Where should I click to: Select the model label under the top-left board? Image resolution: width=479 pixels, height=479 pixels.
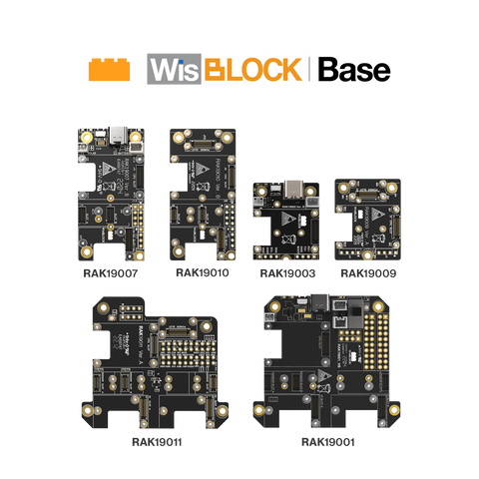(x=110, y=271)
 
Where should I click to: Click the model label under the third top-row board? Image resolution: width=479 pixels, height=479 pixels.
(x=286, y=271)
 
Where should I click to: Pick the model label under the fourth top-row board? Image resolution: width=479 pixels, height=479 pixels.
(x=368, y=271)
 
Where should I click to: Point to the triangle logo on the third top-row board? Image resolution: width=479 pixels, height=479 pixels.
(x=289, y=219)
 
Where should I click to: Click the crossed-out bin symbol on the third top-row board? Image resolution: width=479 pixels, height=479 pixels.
(x=289, y=240)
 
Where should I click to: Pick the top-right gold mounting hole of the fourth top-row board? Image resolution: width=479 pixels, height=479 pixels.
(x=392, y=187)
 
